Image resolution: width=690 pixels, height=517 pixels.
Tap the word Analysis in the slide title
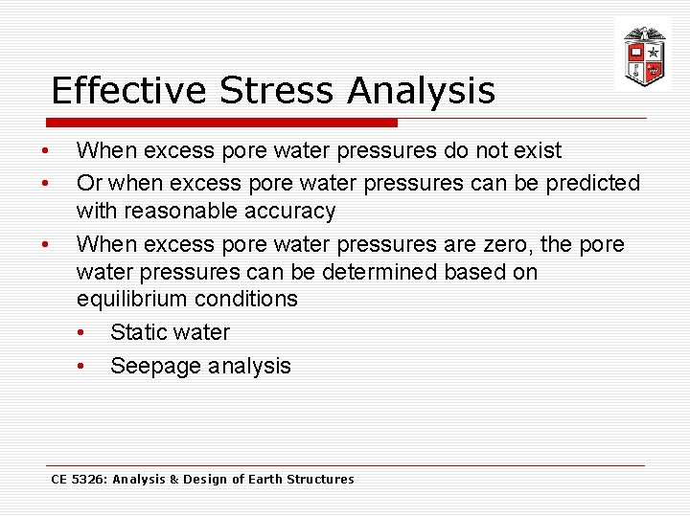pos(422,91)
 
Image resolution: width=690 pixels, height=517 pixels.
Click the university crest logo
pos(643,56)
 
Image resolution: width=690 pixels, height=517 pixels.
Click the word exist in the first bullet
pos(538,150)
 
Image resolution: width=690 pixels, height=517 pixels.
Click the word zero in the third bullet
pos(507,244)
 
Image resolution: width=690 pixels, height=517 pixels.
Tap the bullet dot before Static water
pos(82,333)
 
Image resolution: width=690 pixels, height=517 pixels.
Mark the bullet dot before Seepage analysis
pos(82,367)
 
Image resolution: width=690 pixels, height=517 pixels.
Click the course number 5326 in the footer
pos(89,479)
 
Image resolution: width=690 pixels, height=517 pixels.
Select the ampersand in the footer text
pos(173,479)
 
